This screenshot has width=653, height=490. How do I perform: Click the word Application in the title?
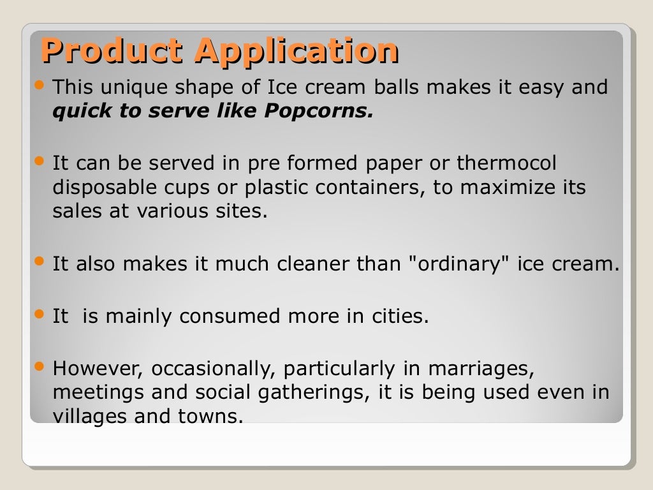(x=297, y=52)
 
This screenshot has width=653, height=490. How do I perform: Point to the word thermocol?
(x=506, y=163)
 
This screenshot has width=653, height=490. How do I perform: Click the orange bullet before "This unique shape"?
(x=40, y=84)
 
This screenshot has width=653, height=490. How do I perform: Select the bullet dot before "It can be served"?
(x=40, y=161)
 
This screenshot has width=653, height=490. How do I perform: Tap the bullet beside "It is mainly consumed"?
(x=40, y=314)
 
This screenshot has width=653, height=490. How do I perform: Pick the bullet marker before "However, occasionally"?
(x=40, y=366)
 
